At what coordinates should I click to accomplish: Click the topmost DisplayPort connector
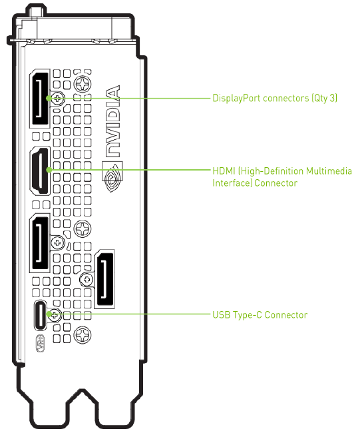pyautogui.click(x=40, y=99)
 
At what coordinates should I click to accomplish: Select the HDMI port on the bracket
pyautogui.click(x=41, y=171)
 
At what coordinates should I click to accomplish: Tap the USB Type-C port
pyautogui.click(x=41, y=315)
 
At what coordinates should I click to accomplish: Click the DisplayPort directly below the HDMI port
pyautogui.click(x=40, y=243)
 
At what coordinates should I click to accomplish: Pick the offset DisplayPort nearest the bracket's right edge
pyautogui.click(x=104, y=279)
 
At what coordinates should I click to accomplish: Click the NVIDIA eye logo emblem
pyautogui.click(x=112, y=177)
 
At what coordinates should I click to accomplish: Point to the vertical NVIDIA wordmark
pyautogui.click(x=113, y=121)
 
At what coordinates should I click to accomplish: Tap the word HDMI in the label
pyautogui.click(x=224, y=171)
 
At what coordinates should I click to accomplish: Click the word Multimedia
pyautogui.click(x=329, y=171)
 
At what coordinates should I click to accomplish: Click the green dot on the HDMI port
pyautogui.click(x=49, y=170)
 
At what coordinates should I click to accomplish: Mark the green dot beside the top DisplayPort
pyautogui.click(x=49, y=98)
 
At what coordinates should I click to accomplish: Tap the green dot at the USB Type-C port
pyautogui.click(x=49, y=314)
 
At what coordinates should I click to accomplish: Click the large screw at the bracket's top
pyautogui.click(x=83, y=84)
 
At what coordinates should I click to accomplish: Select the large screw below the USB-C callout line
pyautogui.click(x=83, y=335)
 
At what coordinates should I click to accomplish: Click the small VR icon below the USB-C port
pyautogui.click(x=41, y=343)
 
